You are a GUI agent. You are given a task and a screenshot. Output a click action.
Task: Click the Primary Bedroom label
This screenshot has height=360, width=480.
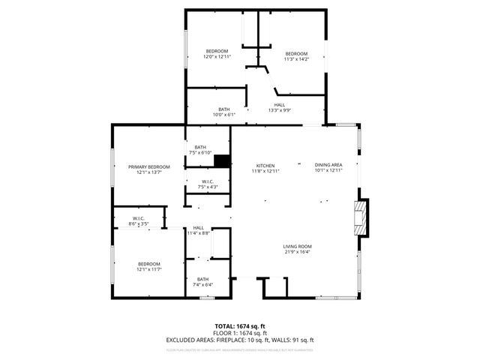pyautogui.click(x=148, y=166)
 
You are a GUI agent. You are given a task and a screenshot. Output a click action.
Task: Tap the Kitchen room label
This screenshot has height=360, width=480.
pyautogui.click(x=265, y=166)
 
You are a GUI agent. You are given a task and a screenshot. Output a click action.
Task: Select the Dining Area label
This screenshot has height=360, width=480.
pyautogui.click(x=328, y=165)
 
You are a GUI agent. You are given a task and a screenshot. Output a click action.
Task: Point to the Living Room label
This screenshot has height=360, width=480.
pyautogui.click(x=297, y=247)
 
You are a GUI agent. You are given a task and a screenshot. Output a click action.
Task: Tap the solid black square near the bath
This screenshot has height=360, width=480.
pyautogui.click(x=222, y=160)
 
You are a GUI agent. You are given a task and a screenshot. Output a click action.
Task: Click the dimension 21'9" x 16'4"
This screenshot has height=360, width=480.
pyautogui.click(x=297, y=252)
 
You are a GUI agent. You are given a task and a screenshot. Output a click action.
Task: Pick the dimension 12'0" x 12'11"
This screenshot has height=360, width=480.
pyautogui.click(x=217, y=56)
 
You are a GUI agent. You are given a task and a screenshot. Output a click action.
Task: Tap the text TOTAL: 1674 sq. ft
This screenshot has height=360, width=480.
pyautogui.click(x=239, y=325)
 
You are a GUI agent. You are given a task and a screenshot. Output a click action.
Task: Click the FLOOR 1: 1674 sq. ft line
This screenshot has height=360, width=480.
pyautogui.click(x=239, y=332)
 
